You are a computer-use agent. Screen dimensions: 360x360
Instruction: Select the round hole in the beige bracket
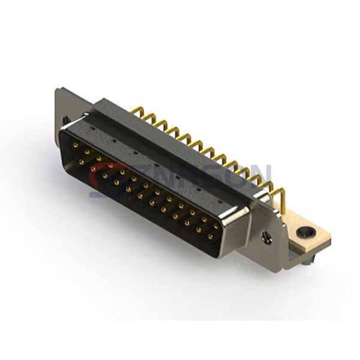pos(308,231)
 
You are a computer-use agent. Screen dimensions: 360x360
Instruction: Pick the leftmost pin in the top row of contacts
pos(76,145)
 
